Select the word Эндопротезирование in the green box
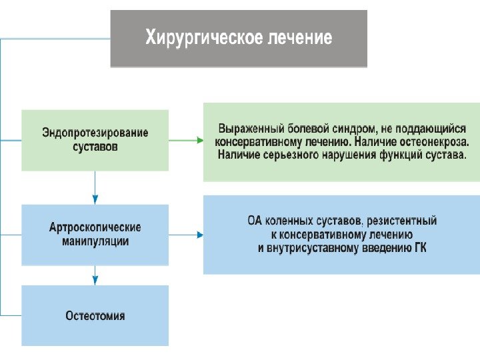click(x=95, y=133)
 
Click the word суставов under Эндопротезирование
click(x=95, y=146)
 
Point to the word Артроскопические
click(x=95, y=228)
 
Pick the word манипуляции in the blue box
click(x=95, y=241)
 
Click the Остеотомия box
click(x=95, y=315)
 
